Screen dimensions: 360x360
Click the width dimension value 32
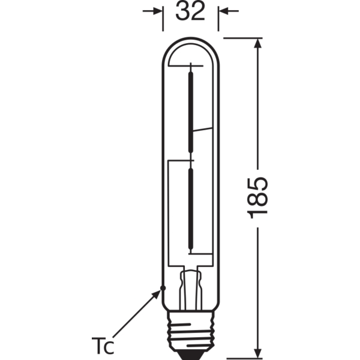[x=190, y=11]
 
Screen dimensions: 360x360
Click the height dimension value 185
[x=257, y=197]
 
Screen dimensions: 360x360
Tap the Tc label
[x=103, y=346]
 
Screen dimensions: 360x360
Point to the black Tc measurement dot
[x=163, y=288]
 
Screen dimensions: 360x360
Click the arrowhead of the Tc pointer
[x=157, y=294]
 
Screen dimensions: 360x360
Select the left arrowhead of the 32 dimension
[x=157, y=11]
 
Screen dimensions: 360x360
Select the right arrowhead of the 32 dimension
[x=224, y=11]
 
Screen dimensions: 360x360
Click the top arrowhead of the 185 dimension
[x=258, y=43]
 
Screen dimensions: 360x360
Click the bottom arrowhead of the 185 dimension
[x=258, y=353]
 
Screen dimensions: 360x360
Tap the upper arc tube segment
[x=191, y=112]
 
